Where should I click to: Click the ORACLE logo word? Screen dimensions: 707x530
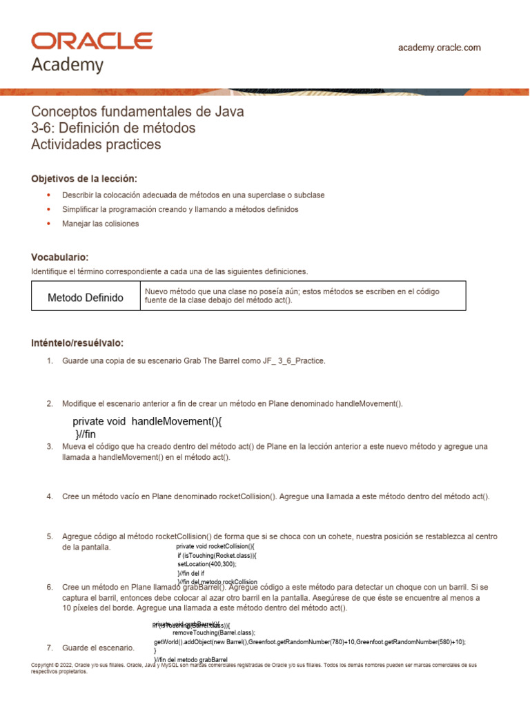92,41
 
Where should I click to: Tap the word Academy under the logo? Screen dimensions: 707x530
68,66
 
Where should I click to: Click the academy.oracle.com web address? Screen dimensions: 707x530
440,48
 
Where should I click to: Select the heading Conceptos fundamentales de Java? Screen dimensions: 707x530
138,111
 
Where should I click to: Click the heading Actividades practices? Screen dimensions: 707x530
96,144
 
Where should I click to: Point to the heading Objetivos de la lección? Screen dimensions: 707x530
84,178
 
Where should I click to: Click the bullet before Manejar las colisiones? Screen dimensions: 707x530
48,224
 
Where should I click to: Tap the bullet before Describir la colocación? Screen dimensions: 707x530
48,195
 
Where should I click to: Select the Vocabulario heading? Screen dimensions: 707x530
60,256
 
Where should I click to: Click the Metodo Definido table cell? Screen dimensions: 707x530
86,298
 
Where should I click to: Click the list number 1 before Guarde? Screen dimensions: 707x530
50,360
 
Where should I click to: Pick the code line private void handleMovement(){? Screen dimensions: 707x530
148,421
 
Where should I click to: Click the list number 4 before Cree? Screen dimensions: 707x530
50,496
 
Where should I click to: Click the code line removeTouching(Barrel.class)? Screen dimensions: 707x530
214,632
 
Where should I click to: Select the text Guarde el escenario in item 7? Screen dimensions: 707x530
98,648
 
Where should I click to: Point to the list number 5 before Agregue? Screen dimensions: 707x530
50,536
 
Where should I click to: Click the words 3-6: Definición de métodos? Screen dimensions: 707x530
114,128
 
